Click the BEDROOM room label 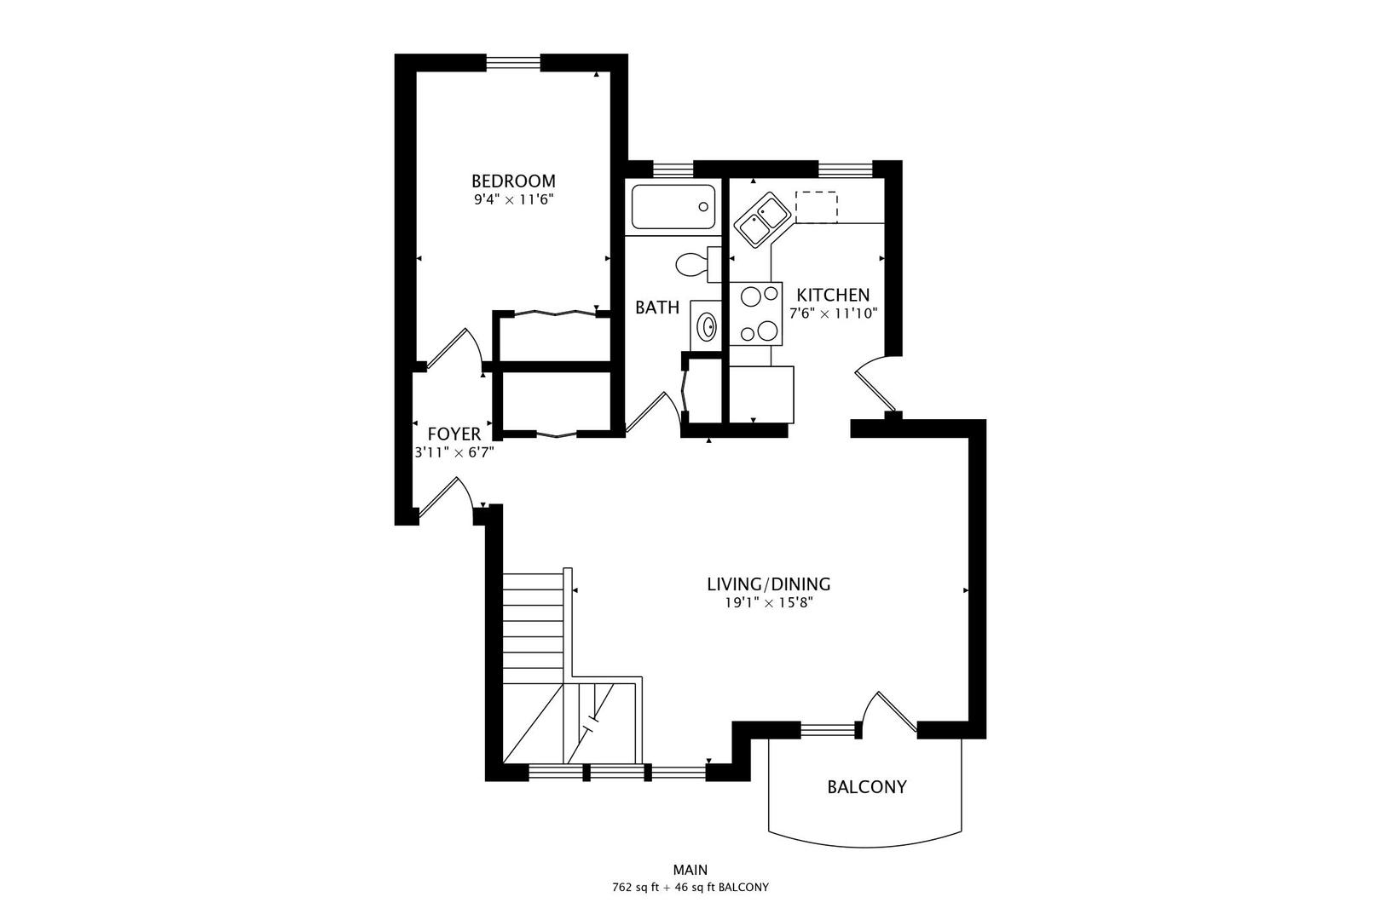click(x=513, y=181)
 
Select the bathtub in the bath click(x=673, y=207)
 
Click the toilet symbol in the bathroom click(x=694, y=264)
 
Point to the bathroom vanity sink click(x=706, y=325)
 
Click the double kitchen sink click(x=761, y=218)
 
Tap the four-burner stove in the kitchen click(x=756, y=313)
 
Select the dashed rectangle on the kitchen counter click(x=817, y=206)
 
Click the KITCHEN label click(x=833, y=295)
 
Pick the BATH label click(x=657, y=308)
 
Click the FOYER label click(x=454, y=434)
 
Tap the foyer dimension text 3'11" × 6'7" click(x=454, y=453)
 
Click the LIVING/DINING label click(x=768, y=584)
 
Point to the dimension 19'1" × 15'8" click(x=768, y=603)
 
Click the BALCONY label click(x=866, y=786)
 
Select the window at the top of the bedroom click(x=513, y=61)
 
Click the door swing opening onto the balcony click(x=889, y=714)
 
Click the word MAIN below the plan click(x=690, y=870)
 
